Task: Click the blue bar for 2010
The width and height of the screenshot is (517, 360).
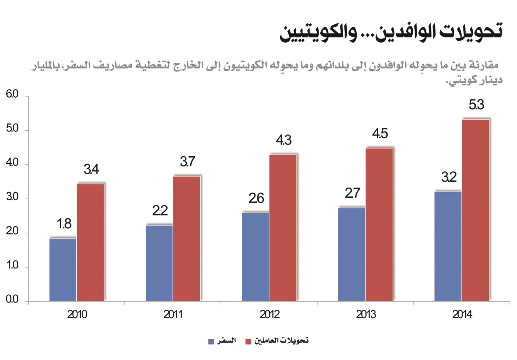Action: click(63, 270)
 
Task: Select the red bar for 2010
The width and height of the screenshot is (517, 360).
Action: click(91, 242)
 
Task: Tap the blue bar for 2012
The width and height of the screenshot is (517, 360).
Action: click(255, 257)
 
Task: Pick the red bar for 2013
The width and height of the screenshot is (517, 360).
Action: click(379, 225)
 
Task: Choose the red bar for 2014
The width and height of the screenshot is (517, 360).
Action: click(476, 210)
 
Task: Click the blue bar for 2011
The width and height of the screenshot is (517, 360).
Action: click(159, 263)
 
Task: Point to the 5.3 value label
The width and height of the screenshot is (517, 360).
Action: click(476, 105)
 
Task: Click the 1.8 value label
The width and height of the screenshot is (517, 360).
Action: click(64, 224)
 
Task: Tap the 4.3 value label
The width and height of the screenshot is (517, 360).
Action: click(284, 140)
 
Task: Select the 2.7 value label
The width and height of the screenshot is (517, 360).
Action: click(352, 193)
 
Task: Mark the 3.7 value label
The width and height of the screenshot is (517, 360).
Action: click(187, 162)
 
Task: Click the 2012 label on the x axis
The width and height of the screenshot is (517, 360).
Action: click(269, 314)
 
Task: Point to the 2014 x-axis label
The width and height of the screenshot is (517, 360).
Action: click(462, 314)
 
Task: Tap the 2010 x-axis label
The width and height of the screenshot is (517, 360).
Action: click(77, 314)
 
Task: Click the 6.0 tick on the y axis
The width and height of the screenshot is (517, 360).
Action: click(12, 94)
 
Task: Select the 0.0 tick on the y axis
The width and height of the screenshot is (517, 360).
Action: click(12, 299)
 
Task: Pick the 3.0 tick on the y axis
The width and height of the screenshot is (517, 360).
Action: click(12, 197)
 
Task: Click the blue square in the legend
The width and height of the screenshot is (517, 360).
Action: click(211, 342)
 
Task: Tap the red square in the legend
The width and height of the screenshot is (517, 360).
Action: click(248, 342)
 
